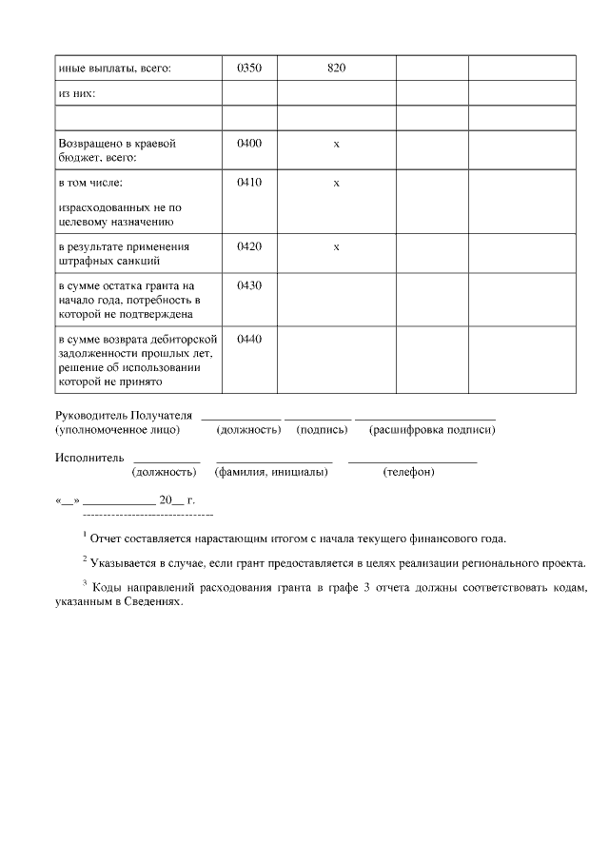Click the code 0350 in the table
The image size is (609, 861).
pos(249,68)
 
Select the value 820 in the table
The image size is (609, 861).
pos(336,68)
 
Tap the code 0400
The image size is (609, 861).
pos(249,144)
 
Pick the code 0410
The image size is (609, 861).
pos(249,182)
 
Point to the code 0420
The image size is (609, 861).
pos(249,246)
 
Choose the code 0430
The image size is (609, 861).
pos(249,285)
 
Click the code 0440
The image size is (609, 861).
pos(249,339)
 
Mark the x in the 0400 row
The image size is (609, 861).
pos(336,145)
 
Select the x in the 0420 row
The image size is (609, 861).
pos(336,247)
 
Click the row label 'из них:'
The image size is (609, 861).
pos(77,94)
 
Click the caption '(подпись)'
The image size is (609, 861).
pos(322,430)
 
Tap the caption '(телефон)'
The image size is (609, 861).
pos(408,472)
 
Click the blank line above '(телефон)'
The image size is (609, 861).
pos(412,461)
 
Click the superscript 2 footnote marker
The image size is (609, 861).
pos(85,558)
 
